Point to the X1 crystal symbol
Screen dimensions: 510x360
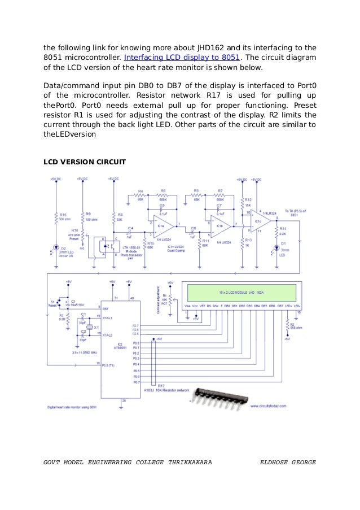89,327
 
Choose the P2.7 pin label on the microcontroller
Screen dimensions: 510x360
135,326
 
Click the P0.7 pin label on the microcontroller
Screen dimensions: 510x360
135,382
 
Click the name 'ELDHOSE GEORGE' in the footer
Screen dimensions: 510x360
287,462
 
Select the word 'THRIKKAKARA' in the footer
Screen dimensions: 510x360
190,462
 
